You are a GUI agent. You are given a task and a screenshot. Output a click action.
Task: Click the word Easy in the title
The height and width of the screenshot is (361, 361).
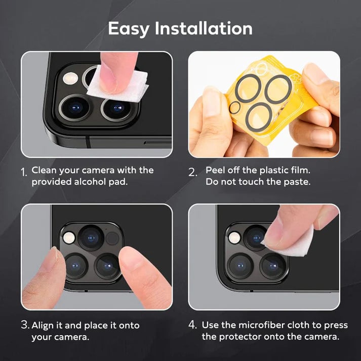point(129,28)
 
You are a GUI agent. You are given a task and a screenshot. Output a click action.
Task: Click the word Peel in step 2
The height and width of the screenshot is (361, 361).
point(216,170)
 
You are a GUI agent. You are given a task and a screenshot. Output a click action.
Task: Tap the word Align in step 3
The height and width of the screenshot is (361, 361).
point(43,325)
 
